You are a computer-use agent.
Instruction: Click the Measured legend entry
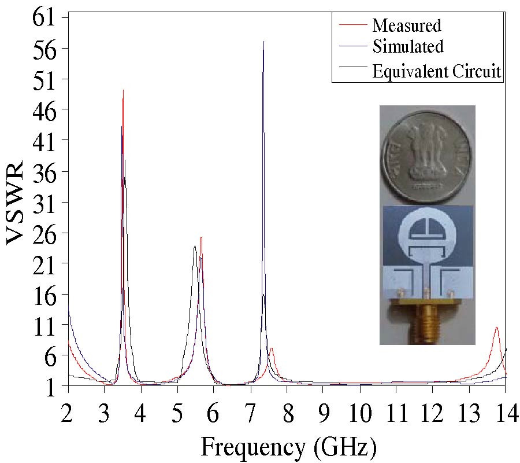(x=407, y=25)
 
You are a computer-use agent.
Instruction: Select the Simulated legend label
(x=408, y=46)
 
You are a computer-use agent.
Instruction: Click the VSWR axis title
(x=16, y=205)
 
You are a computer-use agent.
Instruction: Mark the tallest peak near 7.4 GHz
(x=263, y=42)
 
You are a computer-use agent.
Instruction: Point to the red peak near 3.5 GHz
(x=123, y=90)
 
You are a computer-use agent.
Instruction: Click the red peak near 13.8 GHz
(x=496, y=328)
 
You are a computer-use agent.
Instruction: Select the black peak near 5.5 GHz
(x=195, y=247)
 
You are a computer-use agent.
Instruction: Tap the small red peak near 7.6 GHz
(x=272, y=348)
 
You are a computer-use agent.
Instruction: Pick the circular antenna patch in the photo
(x=427, y=237)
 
